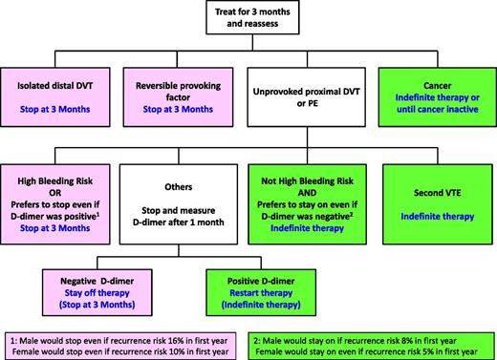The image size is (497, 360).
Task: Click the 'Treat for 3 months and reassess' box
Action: pos(248,21)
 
